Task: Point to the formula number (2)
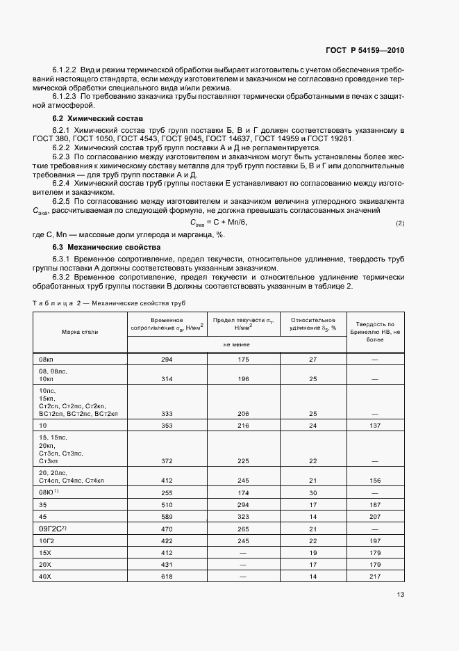point(399,223)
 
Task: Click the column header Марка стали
point(78,332)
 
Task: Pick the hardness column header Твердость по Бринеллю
point(374,332)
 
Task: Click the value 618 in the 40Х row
point(167,577)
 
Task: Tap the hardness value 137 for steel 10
point(374,424)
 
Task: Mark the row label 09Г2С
point(53,529)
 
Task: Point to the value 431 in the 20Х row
point(167,565)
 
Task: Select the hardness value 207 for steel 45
point(374,517)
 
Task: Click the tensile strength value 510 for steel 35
point(167,505)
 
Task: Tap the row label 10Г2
point(47,541)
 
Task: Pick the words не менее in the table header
point(235,344)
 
